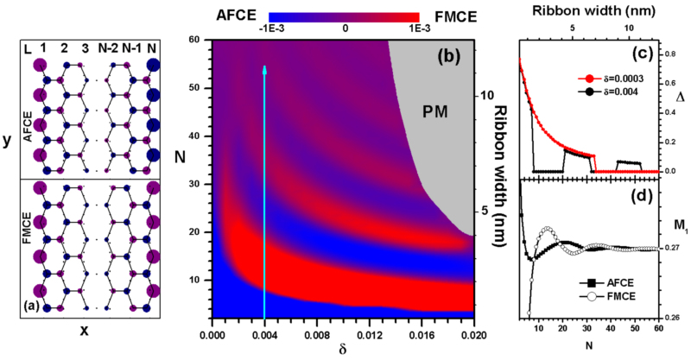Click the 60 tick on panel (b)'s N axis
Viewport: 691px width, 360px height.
tap(195, 40)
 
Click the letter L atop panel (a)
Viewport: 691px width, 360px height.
tap(29, 44)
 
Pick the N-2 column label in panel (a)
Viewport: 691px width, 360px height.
tap(107, 44)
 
